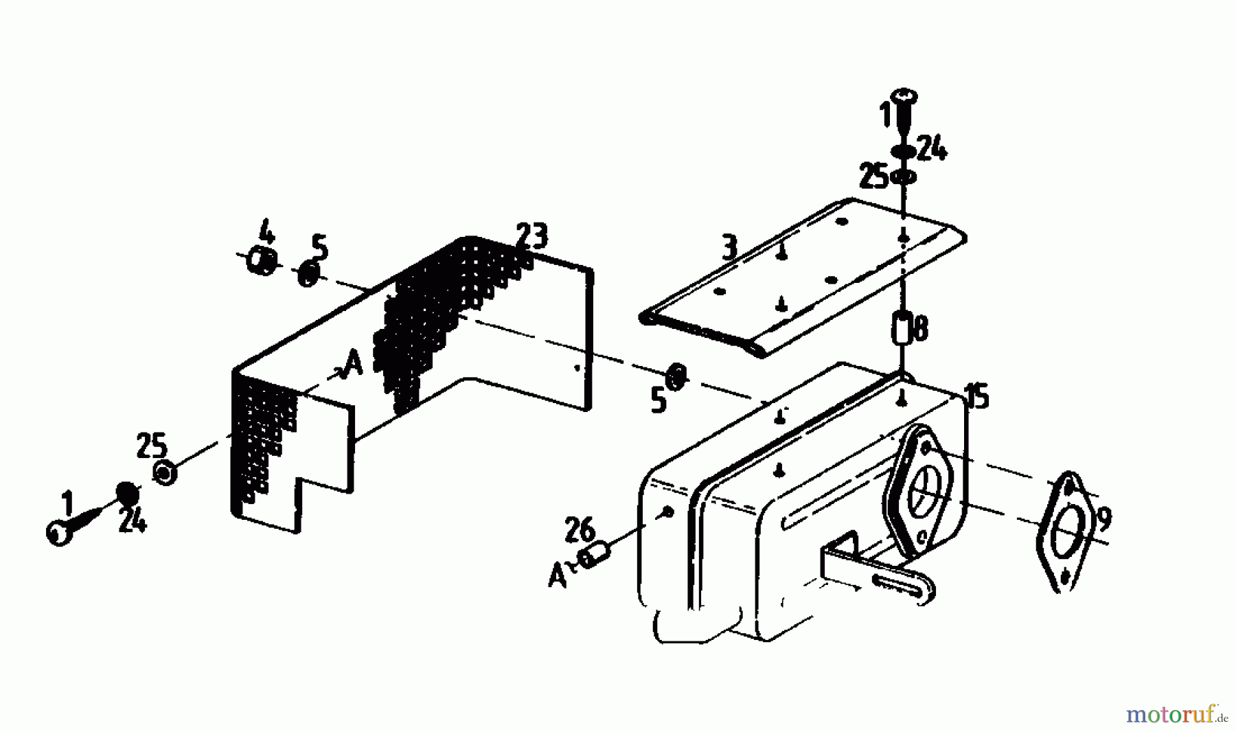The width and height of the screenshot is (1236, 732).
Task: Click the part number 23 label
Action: tap(532, 237)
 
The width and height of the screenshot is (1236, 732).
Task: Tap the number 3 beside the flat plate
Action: tap(729, 247)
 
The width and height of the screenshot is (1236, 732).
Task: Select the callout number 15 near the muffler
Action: tap(977, 396)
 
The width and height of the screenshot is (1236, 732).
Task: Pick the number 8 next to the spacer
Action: tap(919, 328)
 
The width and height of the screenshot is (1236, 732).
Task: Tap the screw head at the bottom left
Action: tap(60, 533)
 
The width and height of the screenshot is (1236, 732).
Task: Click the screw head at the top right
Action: tap(904, 98)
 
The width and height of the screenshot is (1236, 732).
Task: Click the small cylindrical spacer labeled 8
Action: tap(901, 328)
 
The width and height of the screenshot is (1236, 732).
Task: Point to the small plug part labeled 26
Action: tap(596, 555)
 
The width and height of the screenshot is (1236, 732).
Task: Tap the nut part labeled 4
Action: tap(262, 261)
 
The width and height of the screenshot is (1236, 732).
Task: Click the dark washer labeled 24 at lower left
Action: tap(126, 493)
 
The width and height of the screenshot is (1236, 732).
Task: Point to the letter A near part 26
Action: tap(558, 576)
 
